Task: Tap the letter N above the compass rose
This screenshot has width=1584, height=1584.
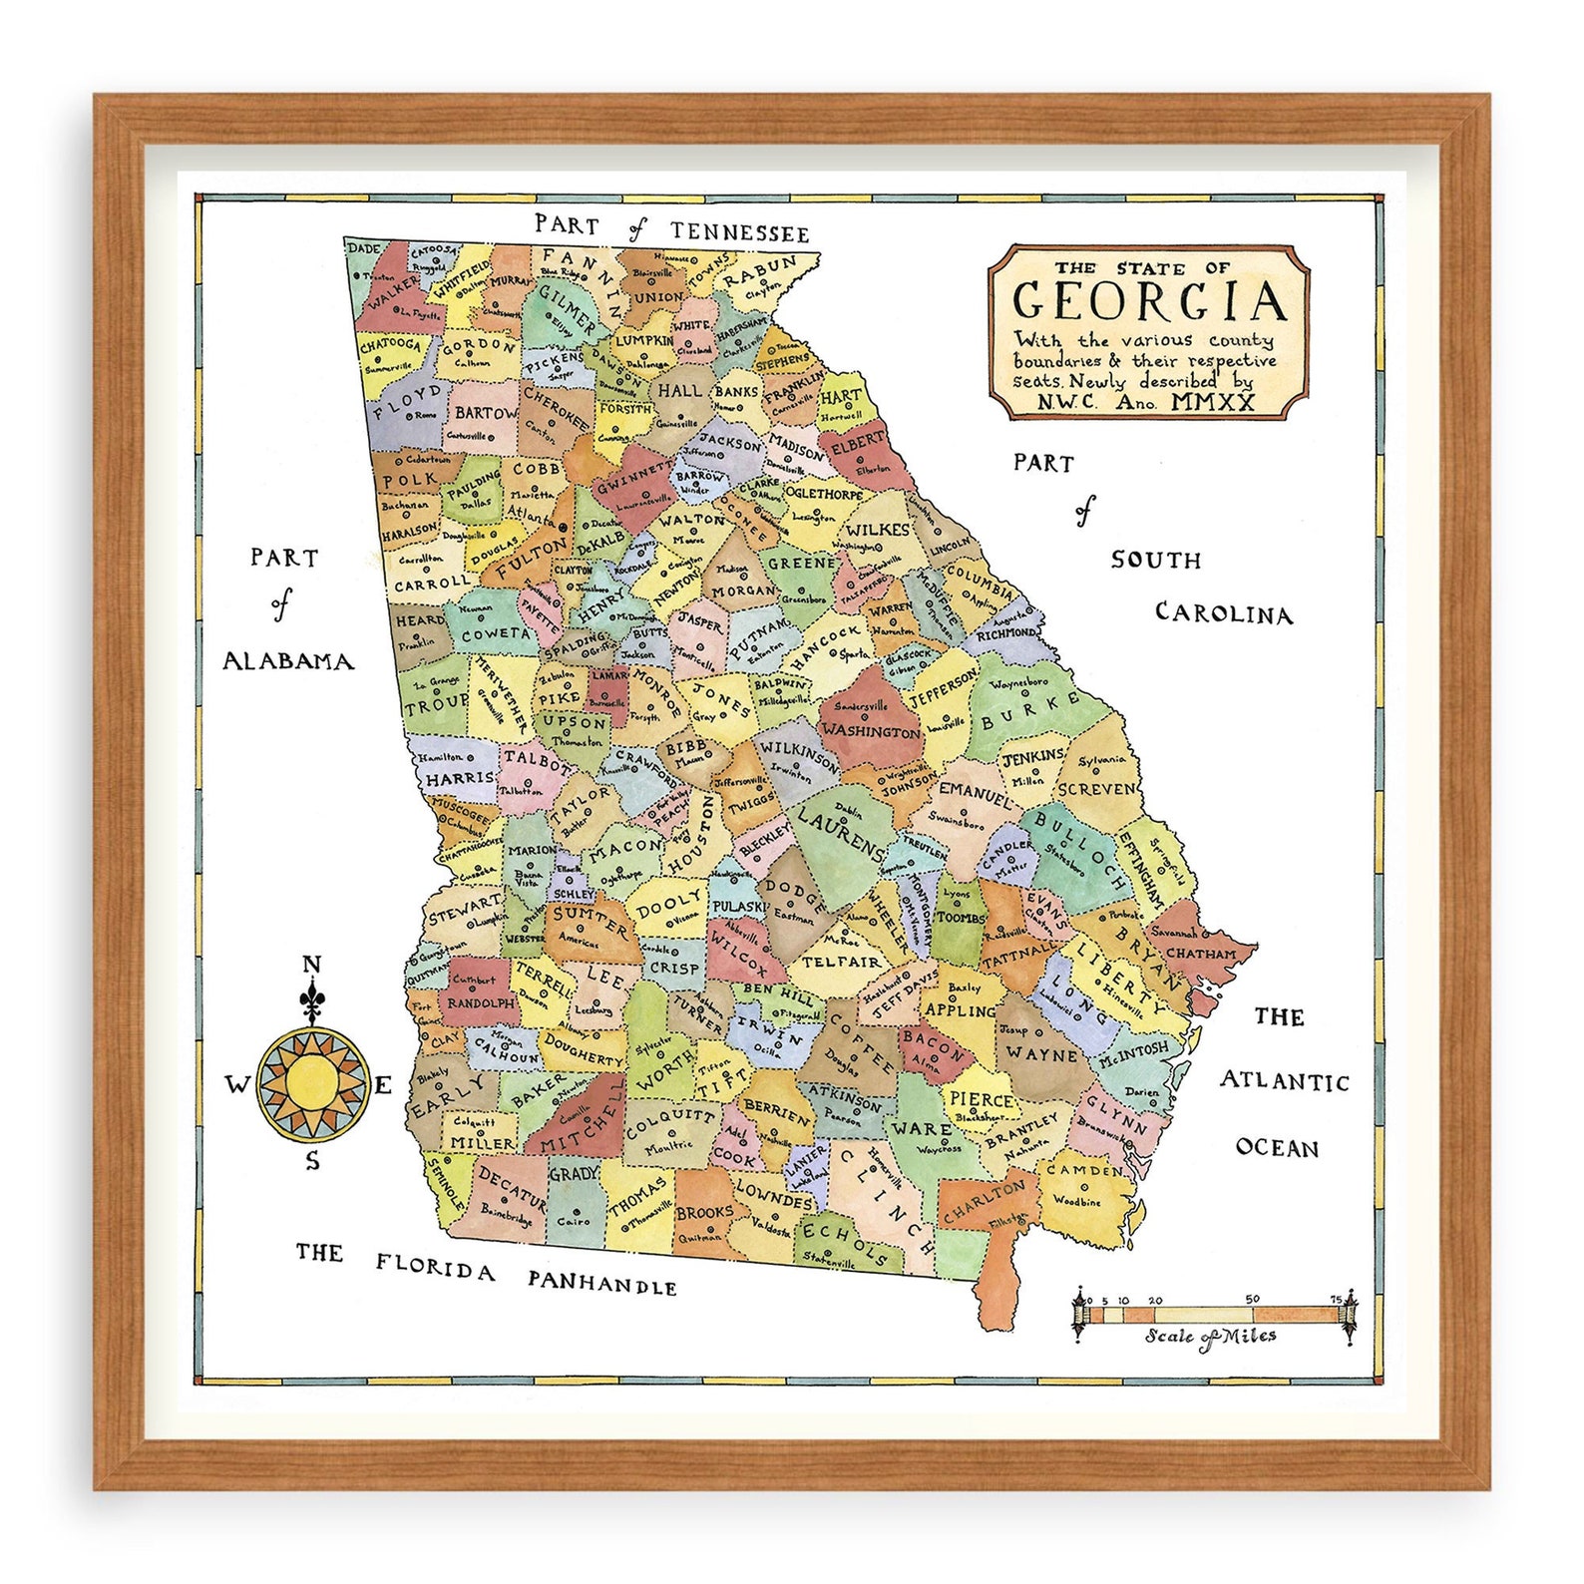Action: [311, 965]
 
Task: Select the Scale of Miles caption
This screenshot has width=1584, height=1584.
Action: [1211, 1336]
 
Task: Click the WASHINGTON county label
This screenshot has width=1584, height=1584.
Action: [873, 731]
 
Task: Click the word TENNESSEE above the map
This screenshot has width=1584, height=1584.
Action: [739, 232]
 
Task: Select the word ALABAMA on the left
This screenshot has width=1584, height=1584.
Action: [288, 660]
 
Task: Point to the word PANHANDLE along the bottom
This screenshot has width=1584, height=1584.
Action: [602, 1281]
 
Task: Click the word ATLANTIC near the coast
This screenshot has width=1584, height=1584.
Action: [1284, 1080]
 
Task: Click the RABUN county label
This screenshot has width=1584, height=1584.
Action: [761, 271]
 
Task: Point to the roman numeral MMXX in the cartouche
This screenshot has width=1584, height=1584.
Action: [1214, 402]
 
